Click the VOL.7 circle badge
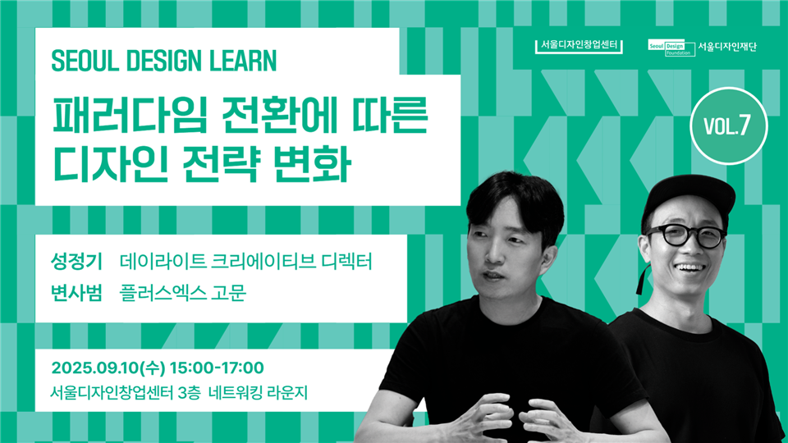click(728, 126)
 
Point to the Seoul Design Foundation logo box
click(671, 48)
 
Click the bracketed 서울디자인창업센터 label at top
click(579, 46)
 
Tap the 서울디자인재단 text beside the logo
click(726, 48)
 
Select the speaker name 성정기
click(76, 262)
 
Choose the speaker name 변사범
click(76, 292)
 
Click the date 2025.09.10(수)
click(108, 368)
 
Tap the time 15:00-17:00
click(217, 368)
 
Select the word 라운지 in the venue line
click(287, 392)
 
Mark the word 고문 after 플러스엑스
click(229, 292)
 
